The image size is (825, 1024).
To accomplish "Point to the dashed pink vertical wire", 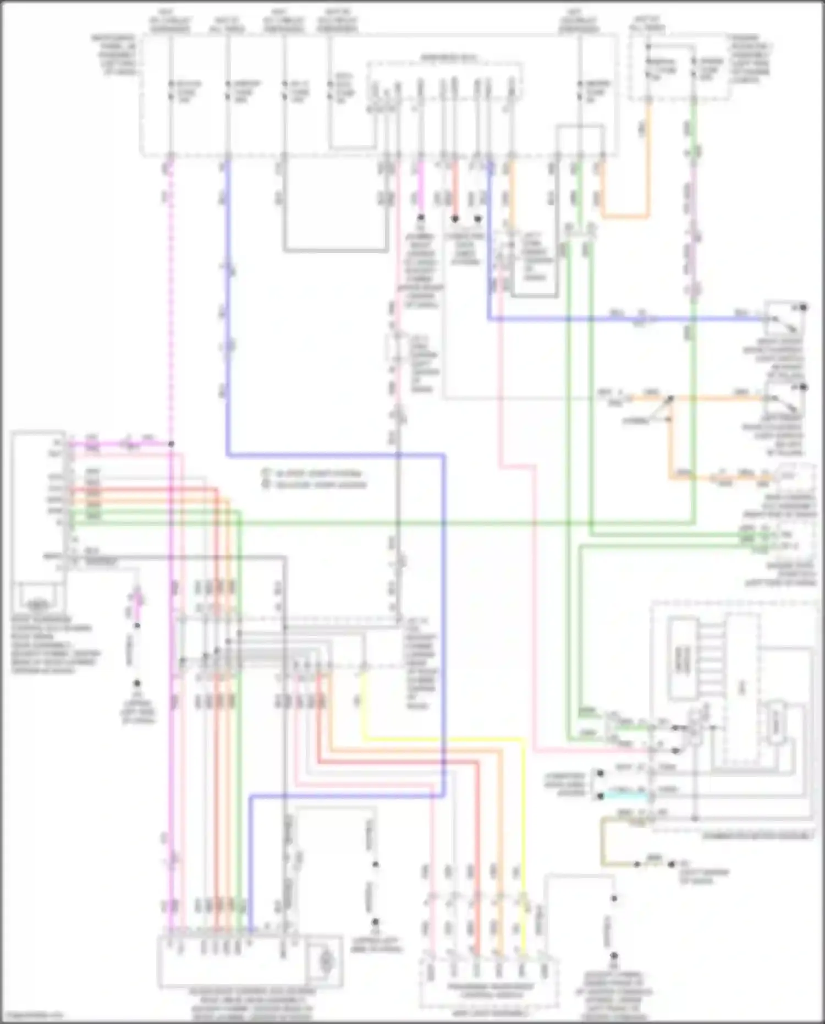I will coord(170,303).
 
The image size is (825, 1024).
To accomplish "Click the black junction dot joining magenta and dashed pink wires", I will coord(171,443).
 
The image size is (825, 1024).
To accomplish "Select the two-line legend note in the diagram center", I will coord(313,479).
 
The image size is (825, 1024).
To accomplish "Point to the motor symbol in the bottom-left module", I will coord(326,962).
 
